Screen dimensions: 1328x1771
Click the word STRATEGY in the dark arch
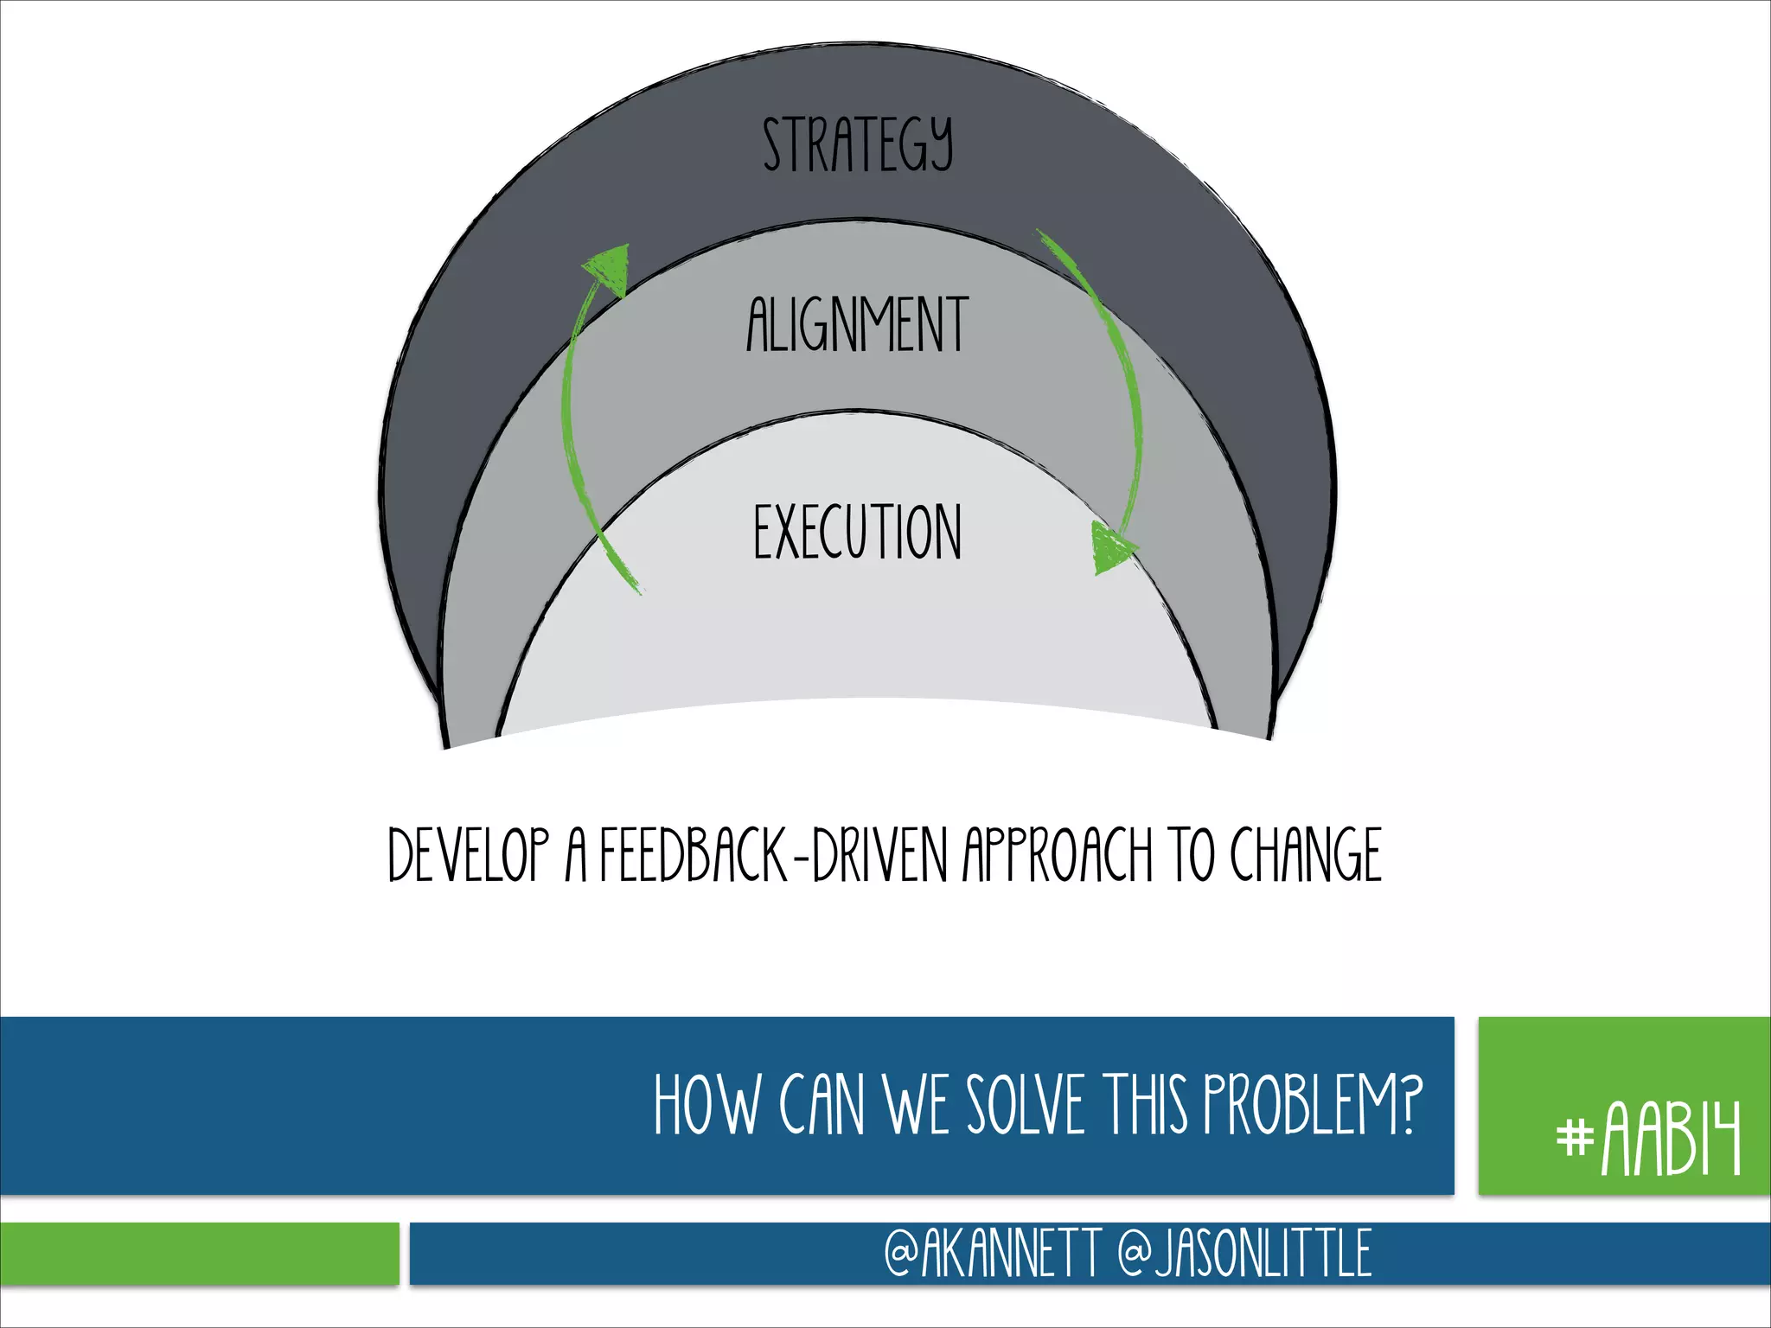(x=858, y=145)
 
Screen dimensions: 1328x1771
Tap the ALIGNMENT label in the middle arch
(x=858, y=325)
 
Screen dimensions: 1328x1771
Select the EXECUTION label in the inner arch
(x=858, y=533)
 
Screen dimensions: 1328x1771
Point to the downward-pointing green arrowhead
(x=1111, y=550)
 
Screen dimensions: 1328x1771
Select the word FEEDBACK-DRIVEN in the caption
(x=773, y=856)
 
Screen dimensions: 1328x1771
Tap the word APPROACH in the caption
(x=1058, y=856)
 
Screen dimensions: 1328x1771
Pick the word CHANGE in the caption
(x=1306, y=856)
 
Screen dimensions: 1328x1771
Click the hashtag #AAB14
(x=1648, y=1139)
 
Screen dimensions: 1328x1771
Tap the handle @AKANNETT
(x=992, y=1254)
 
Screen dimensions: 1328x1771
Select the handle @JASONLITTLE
(x=1244, y=1254)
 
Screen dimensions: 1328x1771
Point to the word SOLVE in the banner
(x=1025, y=1106)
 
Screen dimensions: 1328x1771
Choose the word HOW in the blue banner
(x=706, y=1106)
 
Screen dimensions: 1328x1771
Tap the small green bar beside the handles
(x=199, y=1254)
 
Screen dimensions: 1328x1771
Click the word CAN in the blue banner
(x=822, y=1106)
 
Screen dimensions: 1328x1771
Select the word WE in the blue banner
(x=918, y=1106)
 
